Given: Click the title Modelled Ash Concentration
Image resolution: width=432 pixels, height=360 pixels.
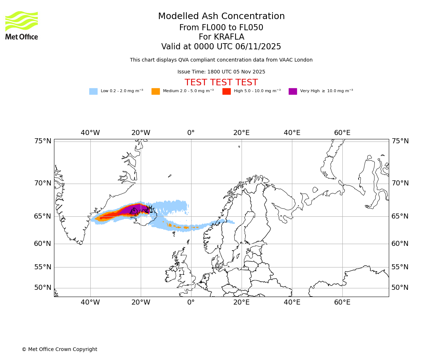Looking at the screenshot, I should pyautogui.click(x=221, y=17).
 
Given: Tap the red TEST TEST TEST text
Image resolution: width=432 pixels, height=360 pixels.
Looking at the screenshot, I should pyautogui.click(x=221, y=83).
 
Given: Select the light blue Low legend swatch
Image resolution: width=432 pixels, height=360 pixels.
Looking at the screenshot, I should pyautogui.click(x=93, y=91).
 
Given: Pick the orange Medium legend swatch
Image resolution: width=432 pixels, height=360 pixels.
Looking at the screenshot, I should pyautogui.click(x=156, y=91).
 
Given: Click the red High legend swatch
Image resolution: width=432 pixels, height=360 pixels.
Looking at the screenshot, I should pyautogui.click(x=226, y=91).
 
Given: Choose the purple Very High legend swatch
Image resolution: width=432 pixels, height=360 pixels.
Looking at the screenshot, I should pyautogui.click(x=293, y=91).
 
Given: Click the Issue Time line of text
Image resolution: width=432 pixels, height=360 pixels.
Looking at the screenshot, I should pyautogui.click(x=221, y=72).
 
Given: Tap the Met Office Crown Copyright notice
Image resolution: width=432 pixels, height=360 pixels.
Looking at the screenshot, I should pyautogui.click(x=59, y=350).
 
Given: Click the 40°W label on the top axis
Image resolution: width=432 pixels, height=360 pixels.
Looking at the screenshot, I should pyautogui.click(x=90, y=133).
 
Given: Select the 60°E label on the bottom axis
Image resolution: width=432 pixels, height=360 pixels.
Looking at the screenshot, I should pyautogui.click(x=342, y=302).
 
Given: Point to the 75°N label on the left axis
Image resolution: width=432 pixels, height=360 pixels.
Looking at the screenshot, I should pyautogui.click(x=43, y=141).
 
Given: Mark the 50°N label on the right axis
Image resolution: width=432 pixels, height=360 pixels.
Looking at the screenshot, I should pyautogui.click(x=400, y=288).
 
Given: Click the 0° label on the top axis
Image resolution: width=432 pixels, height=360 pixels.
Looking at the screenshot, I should pyautogui.click(x=191, y=133).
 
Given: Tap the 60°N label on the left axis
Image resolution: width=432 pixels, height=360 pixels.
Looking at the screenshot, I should pyautogui.click(x=43, y=244).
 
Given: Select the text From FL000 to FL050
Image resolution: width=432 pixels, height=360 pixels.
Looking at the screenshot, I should pyautogui.click(x=221, y=28).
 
